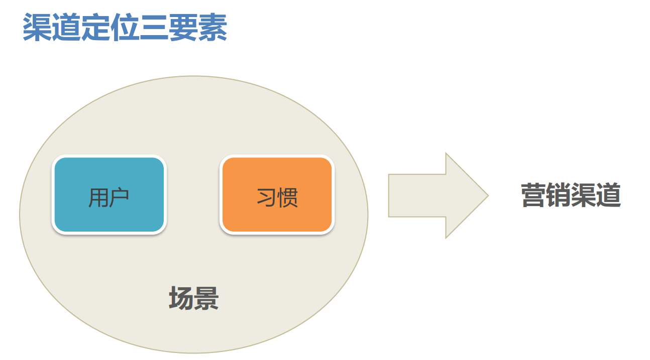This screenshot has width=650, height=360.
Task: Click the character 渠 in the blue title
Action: coord(38,27)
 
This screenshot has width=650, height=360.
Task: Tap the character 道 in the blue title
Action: coord(66,27)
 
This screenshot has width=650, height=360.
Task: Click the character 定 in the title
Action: coord(95,27)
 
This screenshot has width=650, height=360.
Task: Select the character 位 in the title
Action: coord(125,27)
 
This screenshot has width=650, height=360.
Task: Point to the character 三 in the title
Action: coord(154,27)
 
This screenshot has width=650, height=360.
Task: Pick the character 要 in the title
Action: coord(183,27)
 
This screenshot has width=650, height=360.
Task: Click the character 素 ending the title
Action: coord(212,27)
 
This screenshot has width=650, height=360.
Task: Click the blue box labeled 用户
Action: coord(109,195)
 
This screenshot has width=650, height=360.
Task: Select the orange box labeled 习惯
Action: coord(277,195)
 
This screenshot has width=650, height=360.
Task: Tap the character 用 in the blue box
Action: coord(98,198)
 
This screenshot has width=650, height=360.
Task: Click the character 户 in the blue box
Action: coord(119,198)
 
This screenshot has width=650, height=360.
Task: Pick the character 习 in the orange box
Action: coord(267,198)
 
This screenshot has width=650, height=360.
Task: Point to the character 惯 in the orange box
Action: coord(287,198)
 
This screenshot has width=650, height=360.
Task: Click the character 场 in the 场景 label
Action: coord(181,298)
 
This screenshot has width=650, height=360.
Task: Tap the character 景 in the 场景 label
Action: coord(206,298)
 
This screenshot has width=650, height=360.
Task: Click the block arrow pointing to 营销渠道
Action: coord(438,196)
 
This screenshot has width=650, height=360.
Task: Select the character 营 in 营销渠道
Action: coord(533,195)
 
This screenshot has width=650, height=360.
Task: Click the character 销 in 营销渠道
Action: coord(559,195)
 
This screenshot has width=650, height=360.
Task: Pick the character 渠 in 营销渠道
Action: coord(584,195)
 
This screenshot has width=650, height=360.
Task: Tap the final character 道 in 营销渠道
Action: coord(608,195)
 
